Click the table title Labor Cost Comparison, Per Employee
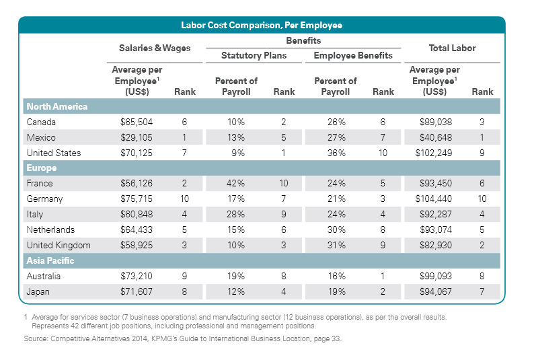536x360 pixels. pyautogui.click(x=262, y=26)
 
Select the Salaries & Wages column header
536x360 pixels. pyautogui.click(x=155, y=48)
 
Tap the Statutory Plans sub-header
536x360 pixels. pyautogui.click(x=254, y=55)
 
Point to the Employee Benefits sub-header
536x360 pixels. pyautogui.click(x=353, y=55)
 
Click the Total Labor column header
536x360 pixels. pyautogui.click(x=452, y=48)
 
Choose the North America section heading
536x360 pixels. pyautogui.click(x=57, y=106)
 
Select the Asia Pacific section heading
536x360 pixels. pyautogui.click(x=50, y=260)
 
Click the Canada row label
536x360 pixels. pyautogui.click(x=41, y=122)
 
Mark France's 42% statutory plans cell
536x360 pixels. pyautogui.click(x=236, y=183)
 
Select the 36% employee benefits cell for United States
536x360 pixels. pyautogui.click(x=336, y=153)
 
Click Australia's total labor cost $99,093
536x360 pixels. pyautogui.click(x=434, y=276)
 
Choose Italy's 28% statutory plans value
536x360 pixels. pyautogui.click(x=236, y=214)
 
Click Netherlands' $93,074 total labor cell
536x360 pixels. pyautogui.click(x=434, y=229)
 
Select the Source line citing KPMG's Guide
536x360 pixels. pyautogui.click(x=182, y=339)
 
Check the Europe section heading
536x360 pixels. pyautogui.click(x=41, y=168)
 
